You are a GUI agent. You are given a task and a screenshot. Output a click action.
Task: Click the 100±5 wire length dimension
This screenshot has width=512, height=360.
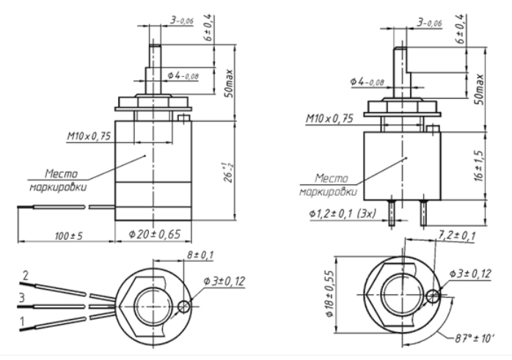[68, 235]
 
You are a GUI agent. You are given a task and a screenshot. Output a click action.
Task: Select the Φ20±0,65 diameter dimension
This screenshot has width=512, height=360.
[155, 234]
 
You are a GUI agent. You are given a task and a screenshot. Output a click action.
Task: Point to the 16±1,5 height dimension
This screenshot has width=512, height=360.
[480, 166]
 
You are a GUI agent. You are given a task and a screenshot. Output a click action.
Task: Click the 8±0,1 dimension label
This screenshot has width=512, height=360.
[200, 255]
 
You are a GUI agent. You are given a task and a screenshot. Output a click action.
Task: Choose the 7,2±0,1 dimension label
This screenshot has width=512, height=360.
[456, 235]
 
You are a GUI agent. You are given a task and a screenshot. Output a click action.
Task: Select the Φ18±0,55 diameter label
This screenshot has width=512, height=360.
[329, 294]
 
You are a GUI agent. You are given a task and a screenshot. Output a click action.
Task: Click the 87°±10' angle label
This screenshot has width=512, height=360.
[474, 339]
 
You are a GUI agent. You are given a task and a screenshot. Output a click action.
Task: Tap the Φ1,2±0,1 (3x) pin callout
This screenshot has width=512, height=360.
[343, 214]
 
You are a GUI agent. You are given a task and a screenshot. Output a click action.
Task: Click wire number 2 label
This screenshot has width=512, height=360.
[25, 276]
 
